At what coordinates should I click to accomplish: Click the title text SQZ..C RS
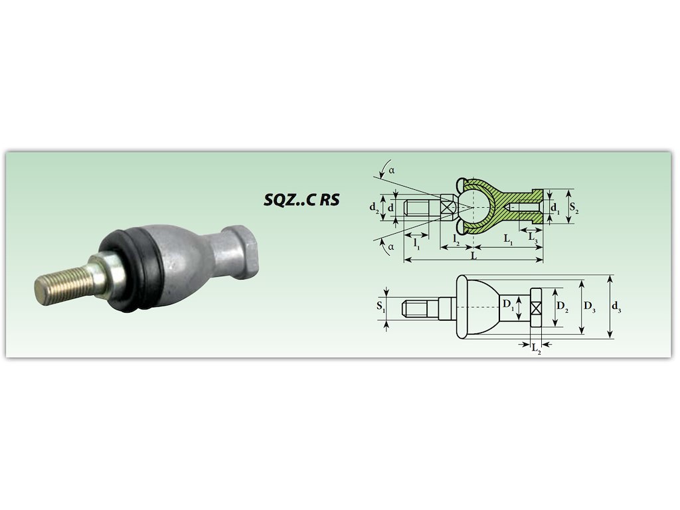[x=302, y=199]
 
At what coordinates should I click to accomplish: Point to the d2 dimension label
[x=375, y=208]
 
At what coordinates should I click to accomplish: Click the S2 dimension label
[x=574, y=207]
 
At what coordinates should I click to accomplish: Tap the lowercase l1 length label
[x=417, y=244]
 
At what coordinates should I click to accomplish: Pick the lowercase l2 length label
[x=456, y=239]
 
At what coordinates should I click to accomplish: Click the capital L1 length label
[x=509, y=239]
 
